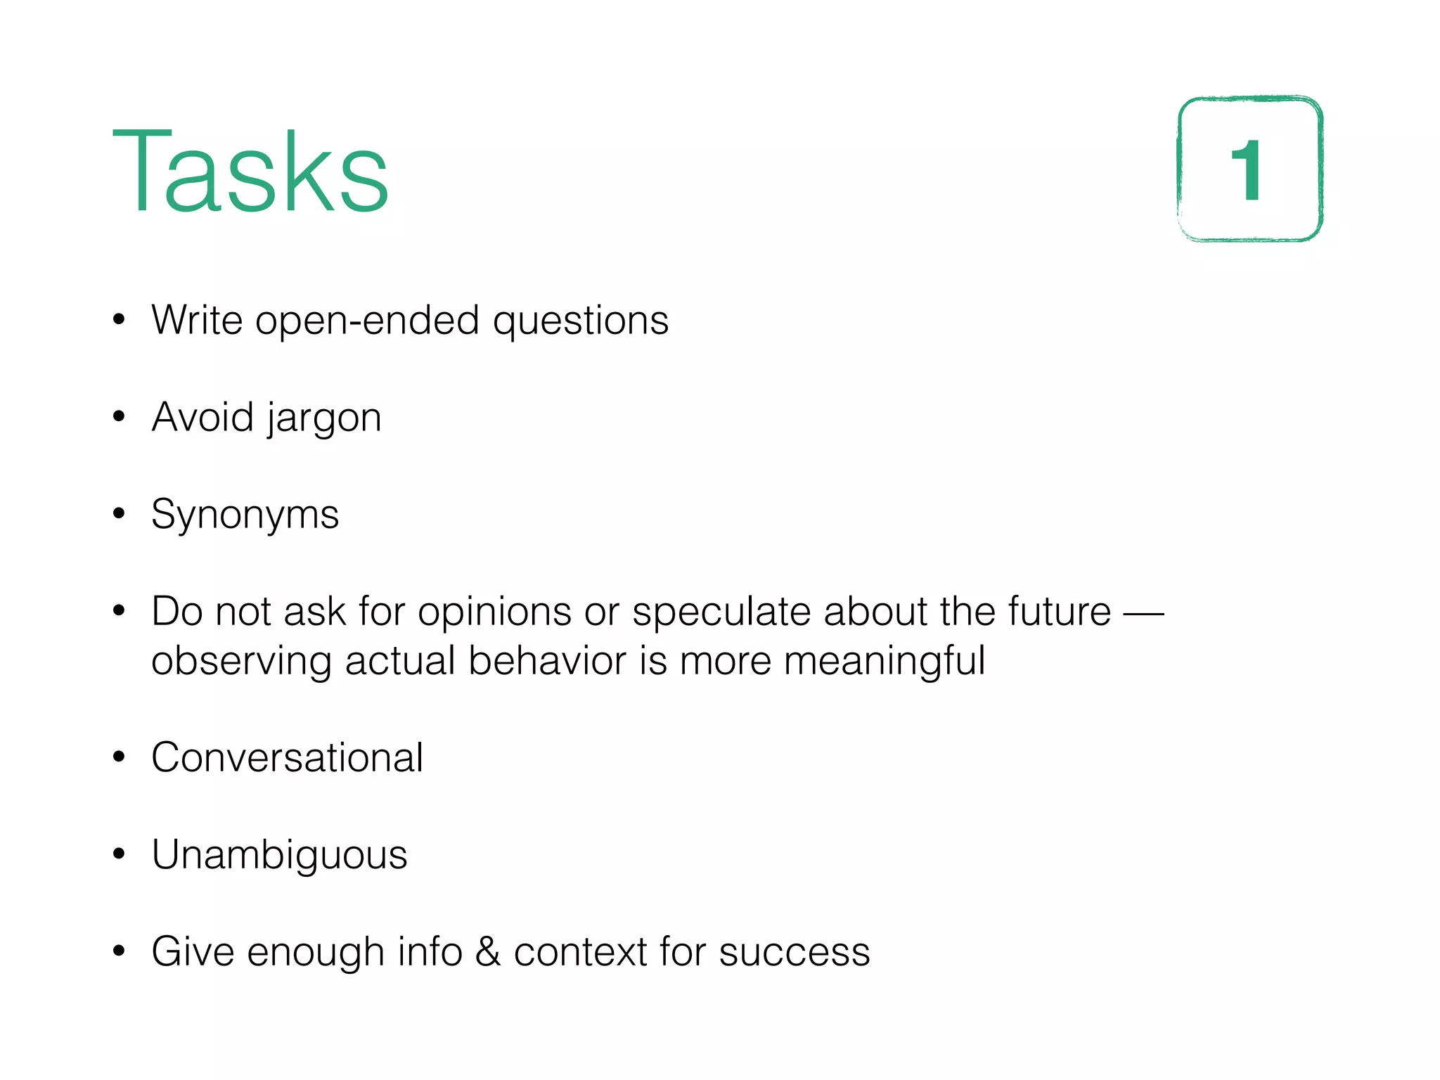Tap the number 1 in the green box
pyautogui.click(x=1247, y=170)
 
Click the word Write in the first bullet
pyautogui.click(x=197, y=321)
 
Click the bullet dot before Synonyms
pyautogui.click(x=119, y=513)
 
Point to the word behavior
pyautogui.click(x=547, y=662)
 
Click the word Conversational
pyautogui.click(x=287, y=758)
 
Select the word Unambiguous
pyautogui.click(x=279, y=856)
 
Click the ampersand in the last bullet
pyautogui.click(x=488, y=952)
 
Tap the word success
pyautogui.click(x=795, y=953)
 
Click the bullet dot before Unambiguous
pyautogui.click(x=119, y=854)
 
